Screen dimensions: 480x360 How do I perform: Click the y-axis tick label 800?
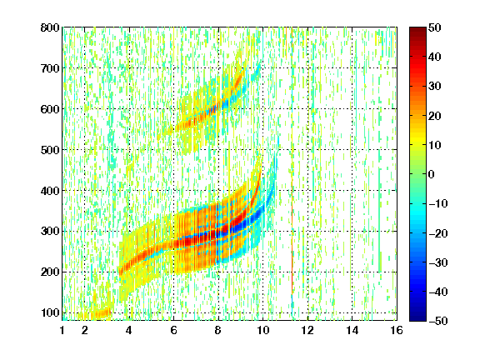[x=50, y=27]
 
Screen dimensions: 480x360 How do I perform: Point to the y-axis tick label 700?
[x=50, y=68]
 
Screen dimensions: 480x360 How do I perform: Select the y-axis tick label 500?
[x=50, y=150]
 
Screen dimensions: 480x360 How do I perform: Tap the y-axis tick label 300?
[x=50, y=231]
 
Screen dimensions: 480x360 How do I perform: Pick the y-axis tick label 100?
[x=50, y=312]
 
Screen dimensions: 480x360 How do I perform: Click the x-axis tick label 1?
[x=62, y=330]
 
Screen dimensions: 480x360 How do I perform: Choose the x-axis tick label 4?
[x=129, y=330]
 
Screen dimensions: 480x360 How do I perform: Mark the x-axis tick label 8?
[x=218, y=330]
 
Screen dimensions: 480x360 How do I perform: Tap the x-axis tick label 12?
[x=307, y=330]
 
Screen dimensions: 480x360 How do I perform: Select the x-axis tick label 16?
[x=397, y=330]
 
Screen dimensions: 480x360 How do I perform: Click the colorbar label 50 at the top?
[x=434, y=27]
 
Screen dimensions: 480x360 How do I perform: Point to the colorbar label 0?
[x=432, y=174]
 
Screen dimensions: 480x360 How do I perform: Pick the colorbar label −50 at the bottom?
[x=438, y=321]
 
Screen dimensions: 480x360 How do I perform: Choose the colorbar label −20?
[x=438, y=233]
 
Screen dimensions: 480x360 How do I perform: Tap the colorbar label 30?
[x=434, y=87]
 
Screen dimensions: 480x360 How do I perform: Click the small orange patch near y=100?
[x=100, y=313]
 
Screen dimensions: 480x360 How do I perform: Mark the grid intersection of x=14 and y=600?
[x=352, y=109]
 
